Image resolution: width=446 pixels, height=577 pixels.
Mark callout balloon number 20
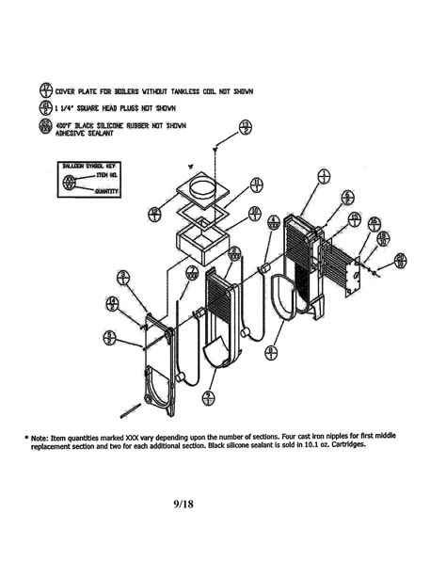click(x=401, y=259)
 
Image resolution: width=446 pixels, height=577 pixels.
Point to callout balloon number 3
click(x=123, y=276)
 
